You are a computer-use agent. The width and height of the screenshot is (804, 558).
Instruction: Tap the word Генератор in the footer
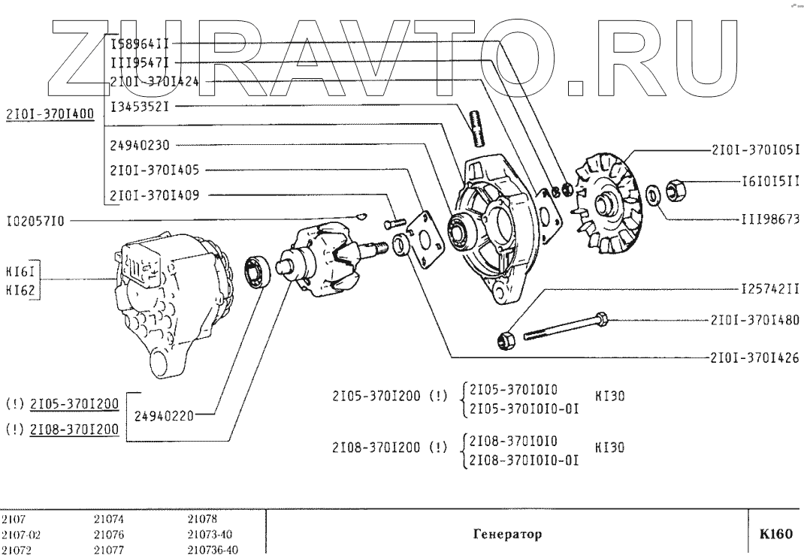[506, 535]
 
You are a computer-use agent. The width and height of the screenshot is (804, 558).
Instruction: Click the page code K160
[776, 535]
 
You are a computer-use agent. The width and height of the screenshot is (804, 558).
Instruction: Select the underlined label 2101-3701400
[49, 114]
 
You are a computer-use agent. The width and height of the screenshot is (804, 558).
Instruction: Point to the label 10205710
[35, 221]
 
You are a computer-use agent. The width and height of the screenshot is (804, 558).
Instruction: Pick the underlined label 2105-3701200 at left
[74, 404]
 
